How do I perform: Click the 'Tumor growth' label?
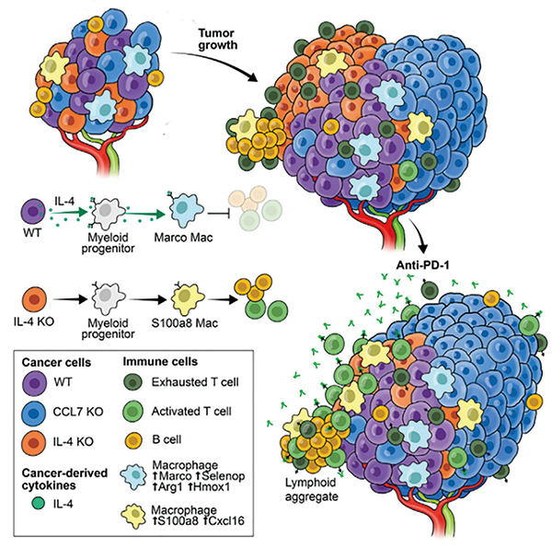pos(217,39)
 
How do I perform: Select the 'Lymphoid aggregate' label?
pos(311,489)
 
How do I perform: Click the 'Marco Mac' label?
pos(183,238)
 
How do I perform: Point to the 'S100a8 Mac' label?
pos(185,322)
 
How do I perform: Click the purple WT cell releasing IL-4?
pos(33,212)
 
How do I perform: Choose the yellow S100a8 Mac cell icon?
pos(187,298)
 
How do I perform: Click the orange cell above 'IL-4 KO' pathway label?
pos(35,299)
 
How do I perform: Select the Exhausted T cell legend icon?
pos(132,382)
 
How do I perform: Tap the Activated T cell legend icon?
pos(132,412)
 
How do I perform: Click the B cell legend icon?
pos(133,440)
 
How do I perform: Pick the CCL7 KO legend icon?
pos(33,413)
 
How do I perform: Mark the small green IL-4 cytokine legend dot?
pos(38,503)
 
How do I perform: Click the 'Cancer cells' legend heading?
pos(56,362)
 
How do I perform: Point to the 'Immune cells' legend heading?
pos(160,362)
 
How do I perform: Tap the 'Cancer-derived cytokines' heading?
pos(64,479)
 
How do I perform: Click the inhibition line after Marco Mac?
pos(219,214)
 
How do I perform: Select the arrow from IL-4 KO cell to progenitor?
pos(70,300)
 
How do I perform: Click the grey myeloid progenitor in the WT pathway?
pos(107,212)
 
